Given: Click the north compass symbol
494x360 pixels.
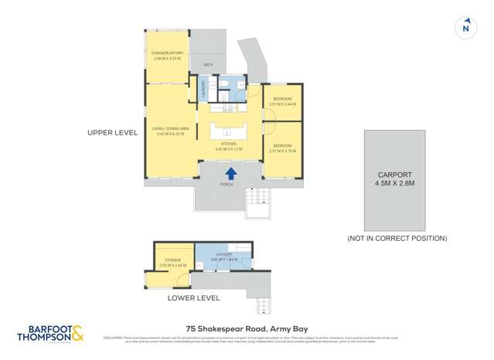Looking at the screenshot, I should (465, 28).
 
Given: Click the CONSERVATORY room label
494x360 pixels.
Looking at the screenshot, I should (167, 55).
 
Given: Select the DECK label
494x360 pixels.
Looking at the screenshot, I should (207, 65).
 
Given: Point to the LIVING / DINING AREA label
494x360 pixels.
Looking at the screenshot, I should (167, 132).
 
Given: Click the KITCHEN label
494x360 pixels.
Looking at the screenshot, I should (228, 147).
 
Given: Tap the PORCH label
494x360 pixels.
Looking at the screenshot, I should (227, 185).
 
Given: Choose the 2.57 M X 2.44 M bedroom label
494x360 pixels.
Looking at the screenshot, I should (282, 101).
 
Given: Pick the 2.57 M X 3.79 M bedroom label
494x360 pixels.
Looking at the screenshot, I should (282, 148).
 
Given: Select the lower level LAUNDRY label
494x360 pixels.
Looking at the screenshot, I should (224, 257).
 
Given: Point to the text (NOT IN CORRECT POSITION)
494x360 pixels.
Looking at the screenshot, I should (397, 239).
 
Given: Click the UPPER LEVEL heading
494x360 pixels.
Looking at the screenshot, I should (113, 133).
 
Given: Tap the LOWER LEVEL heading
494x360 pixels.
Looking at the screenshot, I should (194, 297).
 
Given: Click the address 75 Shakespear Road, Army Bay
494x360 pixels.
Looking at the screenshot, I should (247, 328).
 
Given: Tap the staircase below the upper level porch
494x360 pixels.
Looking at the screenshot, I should (257, 200).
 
